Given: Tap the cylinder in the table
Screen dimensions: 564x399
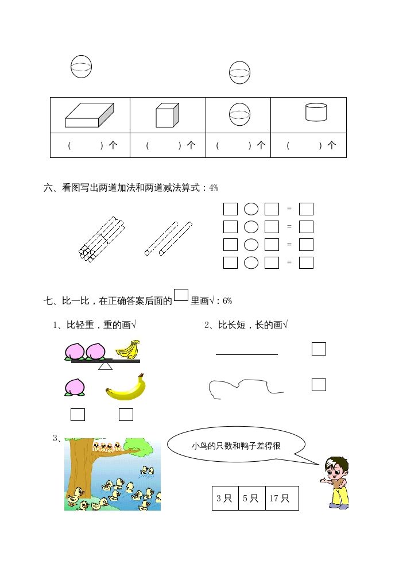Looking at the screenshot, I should [316, 112].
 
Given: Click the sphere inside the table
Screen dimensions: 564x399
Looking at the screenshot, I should [239, 115].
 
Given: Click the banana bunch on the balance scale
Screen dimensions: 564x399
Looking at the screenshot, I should [128, 349].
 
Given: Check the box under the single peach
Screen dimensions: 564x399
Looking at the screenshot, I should [78, 414].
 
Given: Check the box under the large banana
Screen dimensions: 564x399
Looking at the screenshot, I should [126, 414].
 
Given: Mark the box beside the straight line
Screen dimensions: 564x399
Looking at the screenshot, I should [319, 349].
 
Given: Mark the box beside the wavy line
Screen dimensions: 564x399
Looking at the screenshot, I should [319, 385].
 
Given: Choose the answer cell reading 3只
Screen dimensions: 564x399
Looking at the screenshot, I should [224, 498].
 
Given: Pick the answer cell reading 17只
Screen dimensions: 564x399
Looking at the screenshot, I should [281, 498].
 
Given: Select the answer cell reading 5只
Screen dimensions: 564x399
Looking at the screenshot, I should [251, 498].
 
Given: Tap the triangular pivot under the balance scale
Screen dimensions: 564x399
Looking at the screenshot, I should [105, 365].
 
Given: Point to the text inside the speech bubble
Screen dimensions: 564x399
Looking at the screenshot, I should [236, 446].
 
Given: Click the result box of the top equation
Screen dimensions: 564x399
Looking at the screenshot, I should [306, 209].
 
